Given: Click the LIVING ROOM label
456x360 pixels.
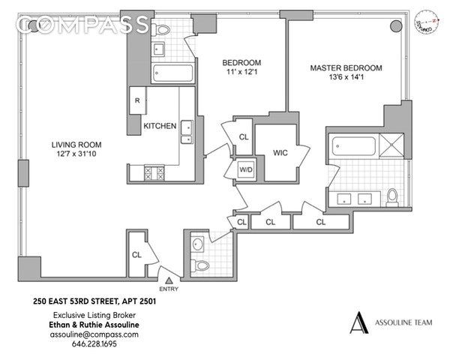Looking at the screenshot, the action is (x=76, y=145).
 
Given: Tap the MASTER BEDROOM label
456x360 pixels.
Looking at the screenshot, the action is (x=346, y=67).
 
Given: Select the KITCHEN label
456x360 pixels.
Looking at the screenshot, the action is (x=160, y=126).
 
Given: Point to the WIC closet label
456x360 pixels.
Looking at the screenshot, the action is (x=280, y=152).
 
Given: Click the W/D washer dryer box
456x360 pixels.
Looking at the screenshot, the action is (x=245, y=169).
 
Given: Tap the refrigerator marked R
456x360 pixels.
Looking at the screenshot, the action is (x=138, y=100).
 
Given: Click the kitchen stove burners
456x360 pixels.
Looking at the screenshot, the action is (x=153, y=172).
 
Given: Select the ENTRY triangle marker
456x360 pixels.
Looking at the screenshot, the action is (x=168, y=279).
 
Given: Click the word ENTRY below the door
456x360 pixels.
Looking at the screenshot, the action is (x=169, y=289).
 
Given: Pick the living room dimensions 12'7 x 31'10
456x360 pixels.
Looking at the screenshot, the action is (x=76, y=155).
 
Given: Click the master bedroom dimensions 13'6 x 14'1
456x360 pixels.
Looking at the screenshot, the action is (x=346, y=78).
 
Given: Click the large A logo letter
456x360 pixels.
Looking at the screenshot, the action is (x=361, y=322).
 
